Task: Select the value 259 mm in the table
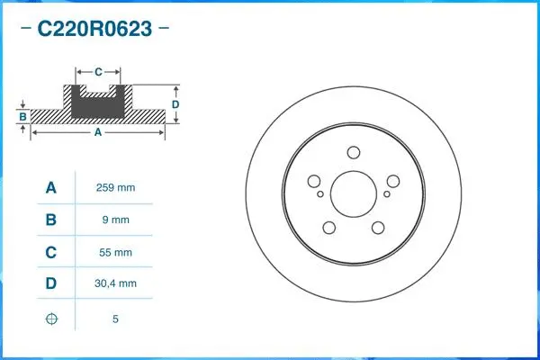point(115,188)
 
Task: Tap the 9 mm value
point(115,220)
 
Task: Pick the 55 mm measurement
point(115,253)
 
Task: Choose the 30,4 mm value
point(115,283)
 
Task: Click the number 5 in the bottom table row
point(115,319)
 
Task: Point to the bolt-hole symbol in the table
point(51,319)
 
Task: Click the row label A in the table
point(51,188)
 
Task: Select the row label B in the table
point(51,220)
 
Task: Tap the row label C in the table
point(51,253)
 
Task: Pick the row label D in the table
point(51,283)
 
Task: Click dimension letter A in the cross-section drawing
point(97,132)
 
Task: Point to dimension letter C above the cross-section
point(98,69)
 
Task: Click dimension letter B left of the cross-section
point(22,116)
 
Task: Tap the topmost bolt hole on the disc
point(353,153)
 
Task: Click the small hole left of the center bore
point(319,193)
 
